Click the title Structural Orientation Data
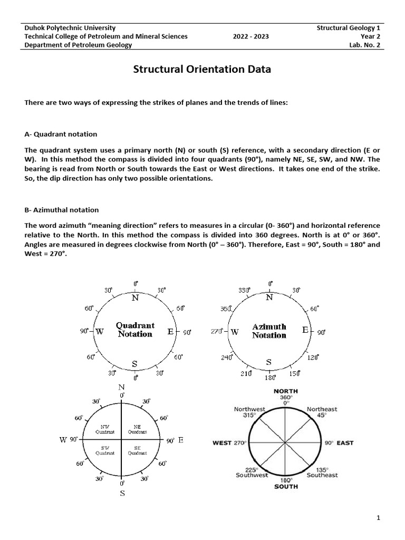202,69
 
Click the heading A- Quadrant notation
61,134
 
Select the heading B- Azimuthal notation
62,210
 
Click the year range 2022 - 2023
251,36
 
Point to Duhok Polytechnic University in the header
70,27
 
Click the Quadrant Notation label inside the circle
136,330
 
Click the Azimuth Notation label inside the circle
269,331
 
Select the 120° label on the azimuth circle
313,358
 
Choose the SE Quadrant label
137,451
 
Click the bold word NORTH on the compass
286,391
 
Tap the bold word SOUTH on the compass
286,486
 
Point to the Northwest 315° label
249,412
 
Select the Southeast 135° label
322,472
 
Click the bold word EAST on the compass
345,443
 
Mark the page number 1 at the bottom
378,519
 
